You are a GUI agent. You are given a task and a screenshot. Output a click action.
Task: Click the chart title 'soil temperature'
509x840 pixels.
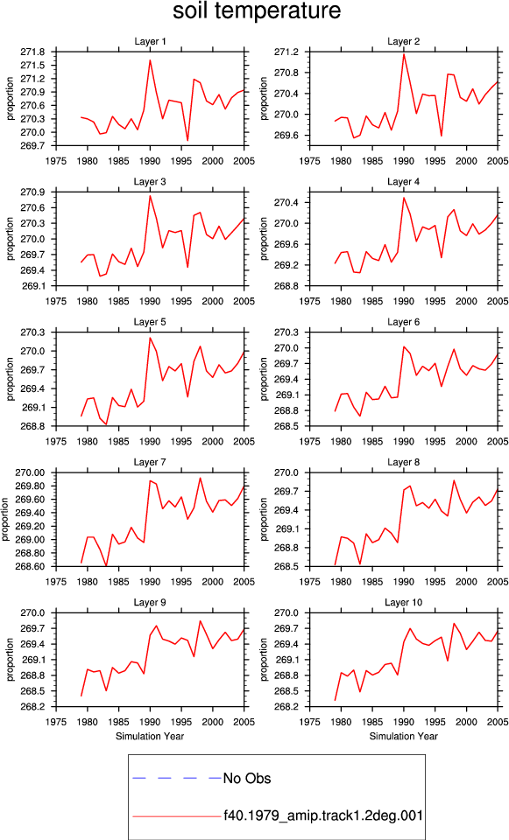point(257,10)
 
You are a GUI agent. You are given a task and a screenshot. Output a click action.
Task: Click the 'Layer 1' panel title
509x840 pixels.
point(150,42)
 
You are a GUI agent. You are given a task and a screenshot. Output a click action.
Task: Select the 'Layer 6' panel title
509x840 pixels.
point(403,322)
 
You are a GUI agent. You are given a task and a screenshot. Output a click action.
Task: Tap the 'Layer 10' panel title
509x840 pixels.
point(403,603)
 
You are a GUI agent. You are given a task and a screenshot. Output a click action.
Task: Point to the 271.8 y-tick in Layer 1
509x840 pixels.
point(32,52)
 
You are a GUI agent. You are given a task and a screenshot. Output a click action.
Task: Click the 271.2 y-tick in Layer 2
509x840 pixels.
point(286,52)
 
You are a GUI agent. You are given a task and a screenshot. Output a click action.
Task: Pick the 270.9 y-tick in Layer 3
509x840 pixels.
point(32,192)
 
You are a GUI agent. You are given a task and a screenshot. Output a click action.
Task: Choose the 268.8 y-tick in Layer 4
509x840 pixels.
point(286,286)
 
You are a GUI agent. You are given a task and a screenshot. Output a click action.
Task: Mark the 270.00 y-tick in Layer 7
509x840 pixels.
point(31,472)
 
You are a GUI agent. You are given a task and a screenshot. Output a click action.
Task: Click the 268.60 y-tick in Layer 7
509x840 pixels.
point(31,566)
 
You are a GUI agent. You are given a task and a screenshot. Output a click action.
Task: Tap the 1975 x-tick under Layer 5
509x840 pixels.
point(56,441)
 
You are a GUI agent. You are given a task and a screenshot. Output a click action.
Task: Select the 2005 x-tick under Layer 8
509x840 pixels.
point(498,582)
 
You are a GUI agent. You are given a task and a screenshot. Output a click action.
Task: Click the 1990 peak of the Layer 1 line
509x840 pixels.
point(150,60)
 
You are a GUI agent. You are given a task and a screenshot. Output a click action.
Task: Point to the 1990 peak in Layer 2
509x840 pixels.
point(404,54)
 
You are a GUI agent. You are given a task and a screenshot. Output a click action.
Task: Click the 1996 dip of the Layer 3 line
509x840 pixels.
point(187,267)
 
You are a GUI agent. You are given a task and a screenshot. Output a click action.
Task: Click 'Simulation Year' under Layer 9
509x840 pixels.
point(150,736)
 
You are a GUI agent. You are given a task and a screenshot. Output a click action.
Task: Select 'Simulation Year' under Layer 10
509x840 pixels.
point(403,736)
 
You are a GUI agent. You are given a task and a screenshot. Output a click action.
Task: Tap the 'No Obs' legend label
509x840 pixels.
point(247,779)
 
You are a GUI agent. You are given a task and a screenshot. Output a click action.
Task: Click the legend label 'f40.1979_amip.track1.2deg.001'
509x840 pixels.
point(323,815)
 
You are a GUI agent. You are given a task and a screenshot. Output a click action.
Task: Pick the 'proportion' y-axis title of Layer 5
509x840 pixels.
point(11,379)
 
